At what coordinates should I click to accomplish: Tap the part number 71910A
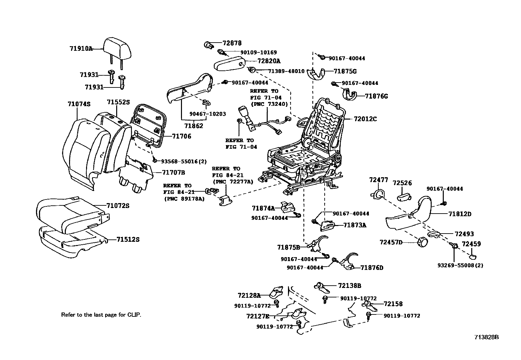[x=81, y=49]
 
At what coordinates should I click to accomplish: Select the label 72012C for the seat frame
[x=365, y=119]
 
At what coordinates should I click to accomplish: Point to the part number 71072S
[x=118, y=206]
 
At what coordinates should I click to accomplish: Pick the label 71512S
[x=128, y=239]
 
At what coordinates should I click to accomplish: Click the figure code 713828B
[x=487, y=337]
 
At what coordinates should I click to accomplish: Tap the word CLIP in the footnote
[x=134, y=315]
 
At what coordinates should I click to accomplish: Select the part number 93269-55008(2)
[x=460, y=265]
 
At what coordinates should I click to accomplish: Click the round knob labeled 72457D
[x=422, y=242]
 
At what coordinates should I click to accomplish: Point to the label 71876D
[x=372, y=268]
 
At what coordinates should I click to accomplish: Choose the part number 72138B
[x=350, y=286]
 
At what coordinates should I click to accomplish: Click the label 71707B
[x=173, y=173]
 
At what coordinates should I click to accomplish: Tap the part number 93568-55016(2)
[x=184, y=161]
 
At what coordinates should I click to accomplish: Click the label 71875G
[x=345, y=71]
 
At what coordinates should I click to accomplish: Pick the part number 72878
[x=232, y=43]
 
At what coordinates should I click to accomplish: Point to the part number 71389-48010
[x=286, y=71]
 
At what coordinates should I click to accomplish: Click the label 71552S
[x=118, y=102]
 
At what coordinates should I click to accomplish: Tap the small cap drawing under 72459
[x=473, y=257]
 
